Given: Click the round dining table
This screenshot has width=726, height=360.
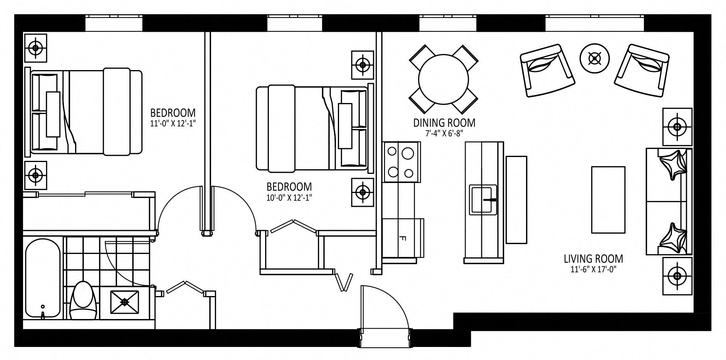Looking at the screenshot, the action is [443, 80].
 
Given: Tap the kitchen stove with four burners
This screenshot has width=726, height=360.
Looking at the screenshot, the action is [402, 162].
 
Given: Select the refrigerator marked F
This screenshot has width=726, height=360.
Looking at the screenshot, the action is [403, 237].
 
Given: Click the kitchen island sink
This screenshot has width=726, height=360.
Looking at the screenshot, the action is [483, 198].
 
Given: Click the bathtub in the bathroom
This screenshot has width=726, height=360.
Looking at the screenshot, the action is [43, 279].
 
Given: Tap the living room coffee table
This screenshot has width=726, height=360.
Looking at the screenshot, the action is [608, 200].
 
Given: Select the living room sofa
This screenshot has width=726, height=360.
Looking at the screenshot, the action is [669, 201].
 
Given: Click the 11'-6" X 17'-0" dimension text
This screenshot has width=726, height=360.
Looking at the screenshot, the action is [593, 270].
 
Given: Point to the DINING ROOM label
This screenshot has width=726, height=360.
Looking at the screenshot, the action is [444, 123].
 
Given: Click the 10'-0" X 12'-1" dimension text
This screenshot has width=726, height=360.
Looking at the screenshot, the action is [289, 198].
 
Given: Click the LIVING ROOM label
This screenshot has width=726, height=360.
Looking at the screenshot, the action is [593, 259].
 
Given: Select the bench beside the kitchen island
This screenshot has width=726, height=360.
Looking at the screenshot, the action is [516, 200].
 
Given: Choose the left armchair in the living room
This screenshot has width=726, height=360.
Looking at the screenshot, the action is [547, 70].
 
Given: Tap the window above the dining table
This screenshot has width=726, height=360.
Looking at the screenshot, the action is [447, 24].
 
